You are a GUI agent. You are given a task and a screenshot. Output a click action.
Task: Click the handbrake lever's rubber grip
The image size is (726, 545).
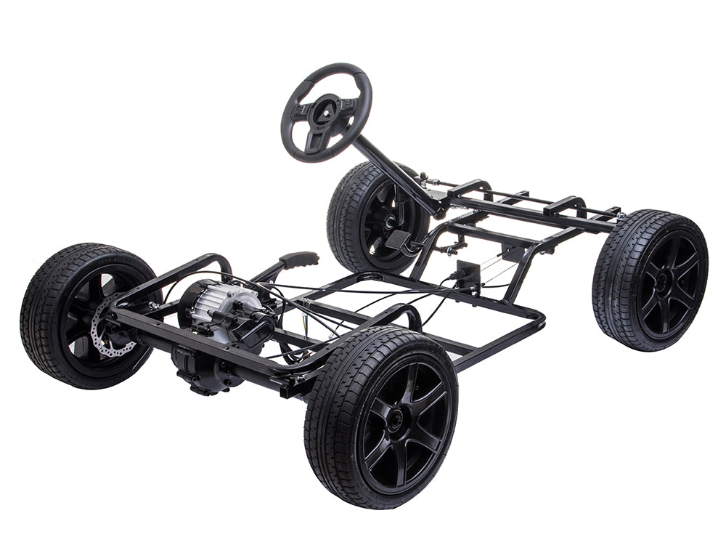(298, 259)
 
